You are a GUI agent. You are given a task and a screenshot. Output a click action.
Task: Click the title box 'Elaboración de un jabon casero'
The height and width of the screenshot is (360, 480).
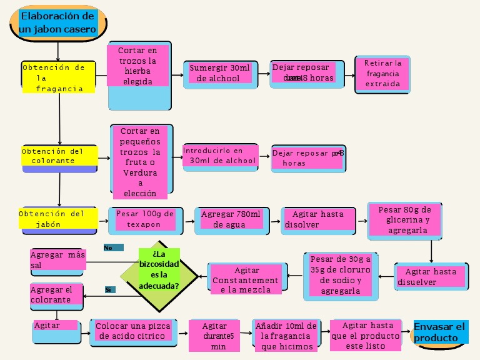(57, 22)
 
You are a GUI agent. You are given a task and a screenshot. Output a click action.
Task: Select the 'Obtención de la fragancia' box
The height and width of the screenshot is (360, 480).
(59, 77)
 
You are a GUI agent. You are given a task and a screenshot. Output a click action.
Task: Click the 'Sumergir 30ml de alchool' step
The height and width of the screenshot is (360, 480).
(219, 74)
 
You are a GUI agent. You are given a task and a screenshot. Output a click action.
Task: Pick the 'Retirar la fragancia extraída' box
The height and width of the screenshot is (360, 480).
(382, 74)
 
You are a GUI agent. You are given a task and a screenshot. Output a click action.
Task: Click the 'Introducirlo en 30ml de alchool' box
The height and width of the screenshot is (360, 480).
(220, 156)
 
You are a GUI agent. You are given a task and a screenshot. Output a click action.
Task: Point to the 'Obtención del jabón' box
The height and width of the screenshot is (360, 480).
(59, 219)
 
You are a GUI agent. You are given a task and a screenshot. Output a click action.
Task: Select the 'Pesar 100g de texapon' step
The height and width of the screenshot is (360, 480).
(145, 220)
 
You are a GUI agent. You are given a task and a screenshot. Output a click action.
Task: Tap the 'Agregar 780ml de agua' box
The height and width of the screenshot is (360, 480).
(231, 220)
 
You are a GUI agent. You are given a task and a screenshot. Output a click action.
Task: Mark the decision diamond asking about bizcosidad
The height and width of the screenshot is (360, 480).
(159, 275)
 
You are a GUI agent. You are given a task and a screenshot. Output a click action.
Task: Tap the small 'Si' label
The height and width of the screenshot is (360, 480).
(110, 289)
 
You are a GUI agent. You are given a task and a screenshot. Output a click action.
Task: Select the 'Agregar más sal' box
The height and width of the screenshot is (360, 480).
(57, 261)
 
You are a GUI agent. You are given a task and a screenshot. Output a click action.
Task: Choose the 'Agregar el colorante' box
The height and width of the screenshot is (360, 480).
(56, 296)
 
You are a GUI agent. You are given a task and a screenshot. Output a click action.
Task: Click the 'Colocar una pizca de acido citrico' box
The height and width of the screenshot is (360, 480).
(134, 332)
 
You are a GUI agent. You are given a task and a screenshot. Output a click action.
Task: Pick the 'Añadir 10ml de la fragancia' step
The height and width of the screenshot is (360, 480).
(286, 334)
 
